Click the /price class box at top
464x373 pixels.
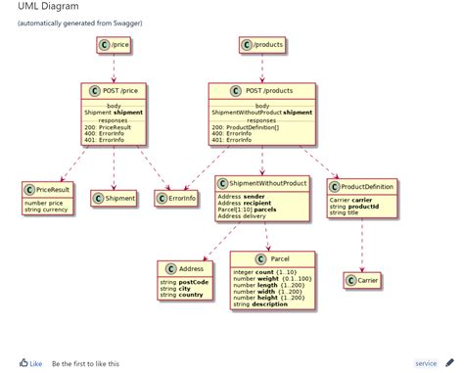click(x=116, y=44)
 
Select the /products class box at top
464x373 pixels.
click(x=261, y=44)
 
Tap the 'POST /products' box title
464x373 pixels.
click(x=261, y=91)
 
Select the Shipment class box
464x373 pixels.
click(x=115, y=199)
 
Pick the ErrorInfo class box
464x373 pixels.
click(x=175, y=199)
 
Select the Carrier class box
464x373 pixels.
click(x=363, y=282)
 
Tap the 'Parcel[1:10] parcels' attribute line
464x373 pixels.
click(x=247, y=209)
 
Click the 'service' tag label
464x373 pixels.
click(x=426, y=362)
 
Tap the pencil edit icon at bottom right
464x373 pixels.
click(x=450, y=362)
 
